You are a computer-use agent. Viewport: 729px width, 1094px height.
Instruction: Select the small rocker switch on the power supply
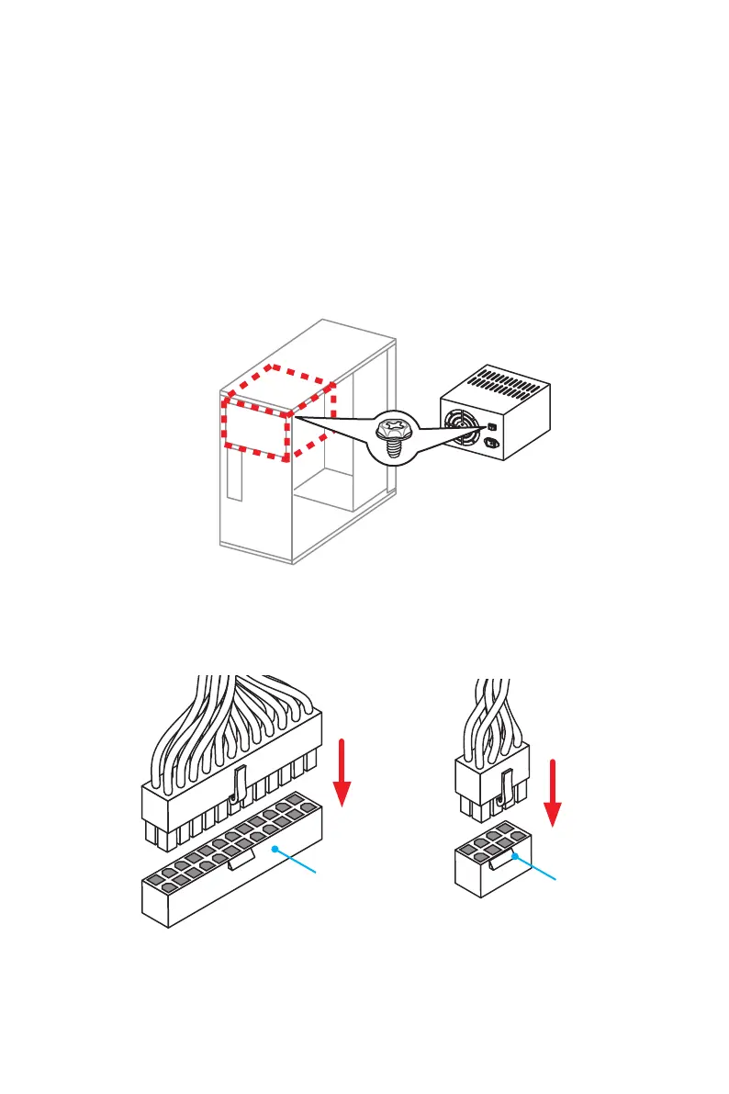(491, 427)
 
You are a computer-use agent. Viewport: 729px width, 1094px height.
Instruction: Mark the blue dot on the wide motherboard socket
(274, 851)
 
